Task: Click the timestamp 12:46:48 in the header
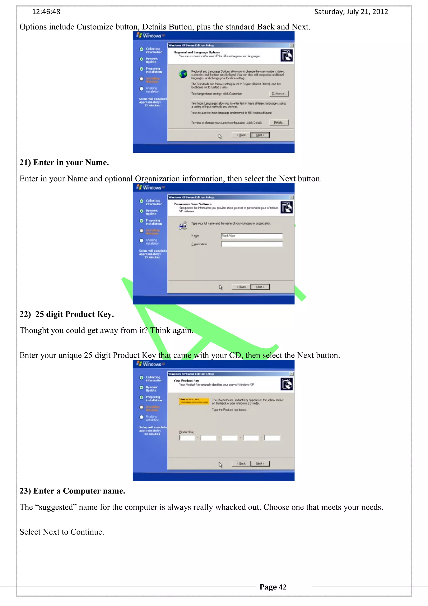tap(46, 12)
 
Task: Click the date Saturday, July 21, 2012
tap(351, 12)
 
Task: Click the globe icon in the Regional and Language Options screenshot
tap(183, 74)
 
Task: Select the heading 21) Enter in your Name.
tap(64, 162)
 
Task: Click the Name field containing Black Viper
tap(252, 236)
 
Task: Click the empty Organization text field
tap(252, 244)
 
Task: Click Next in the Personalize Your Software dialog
tap(260, 287)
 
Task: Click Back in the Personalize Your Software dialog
tap(241, 287)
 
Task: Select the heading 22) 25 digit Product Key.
tap(67, 314)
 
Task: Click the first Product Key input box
tap(187, 438)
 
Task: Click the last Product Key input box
tap(272, 438)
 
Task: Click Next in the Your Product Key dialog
tap(260, 463)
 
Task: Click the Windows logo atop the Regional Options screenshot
tap(150, 35)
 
